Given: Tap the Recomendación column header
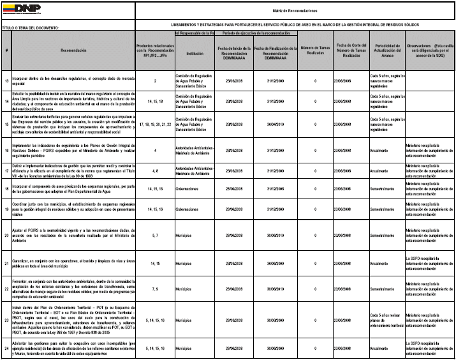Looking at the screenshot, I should point(73,49).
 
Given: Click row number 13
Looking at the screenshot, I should point(6,81).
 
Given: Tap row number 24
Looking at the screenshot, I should point(6,349).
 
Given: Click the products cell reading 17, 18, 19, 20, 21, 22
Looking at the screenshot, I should point(155,123).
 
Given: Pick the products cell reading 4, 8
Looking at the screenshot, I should point(155,171).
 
